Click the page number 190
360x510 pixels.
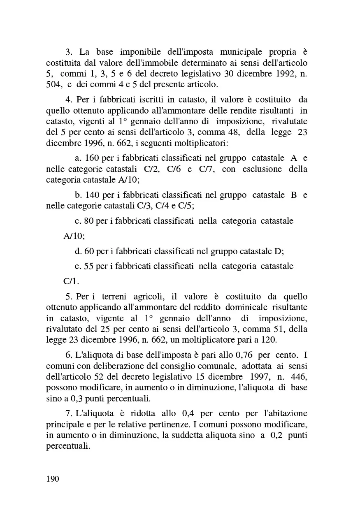[53, 479]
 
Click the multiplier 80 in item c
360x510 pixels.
[88, 221]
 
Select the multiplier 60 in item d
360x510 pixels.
[89, 251]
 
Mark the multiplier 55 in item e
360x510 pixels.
[88, 266]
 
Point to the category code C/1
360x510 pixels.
[70, 281]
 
